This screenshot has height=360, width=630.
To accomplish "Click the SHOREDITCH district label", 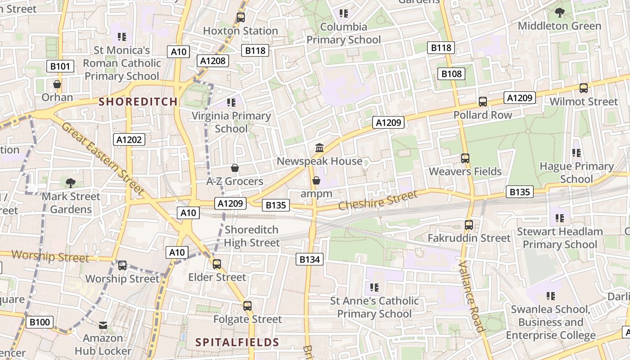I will (x=138, y=102).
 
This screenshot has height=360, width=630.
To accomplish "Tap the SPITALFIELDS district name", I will (x=237, y=342).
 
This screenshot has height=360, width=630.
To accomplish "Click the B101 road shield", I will (x=60, y=67).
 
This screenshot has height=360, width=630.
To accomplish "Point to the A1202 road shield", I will (x=129, y=139).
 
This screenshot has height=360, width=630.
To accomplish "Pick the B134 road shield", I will (x=310, y=259).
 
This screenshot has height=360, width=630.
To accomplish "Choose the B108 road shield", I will (x=451, y=74).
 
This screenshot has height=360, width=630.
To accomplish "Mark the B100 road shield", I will (x=40, y=322).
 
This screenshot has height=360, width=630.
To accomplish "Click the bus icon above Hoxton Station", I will (x=241, y=18).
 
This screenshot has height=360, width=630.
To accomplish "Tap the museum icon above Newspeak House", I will (x=319, y=148).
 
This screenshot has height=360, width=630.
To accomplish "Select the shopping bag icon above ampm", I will (x=316, y=180).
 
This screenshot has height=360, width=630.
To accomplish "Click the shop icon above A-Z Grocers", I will (x=234, y=168).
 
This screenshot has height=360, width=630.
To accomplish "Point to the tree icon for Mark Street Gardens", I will (x=70, y=183).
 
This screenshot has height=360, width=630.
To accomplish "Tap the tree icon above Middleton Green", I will (x=560, y=13).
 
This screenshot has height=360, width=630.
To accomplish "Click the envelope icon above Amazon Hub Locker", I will (x=103, y=325).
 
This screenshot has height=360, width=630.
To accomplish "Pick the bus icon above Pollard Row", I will (x=483, y=102).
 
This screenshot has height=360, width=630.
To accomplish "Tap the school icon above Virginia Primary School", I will (x=231, y=103).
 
